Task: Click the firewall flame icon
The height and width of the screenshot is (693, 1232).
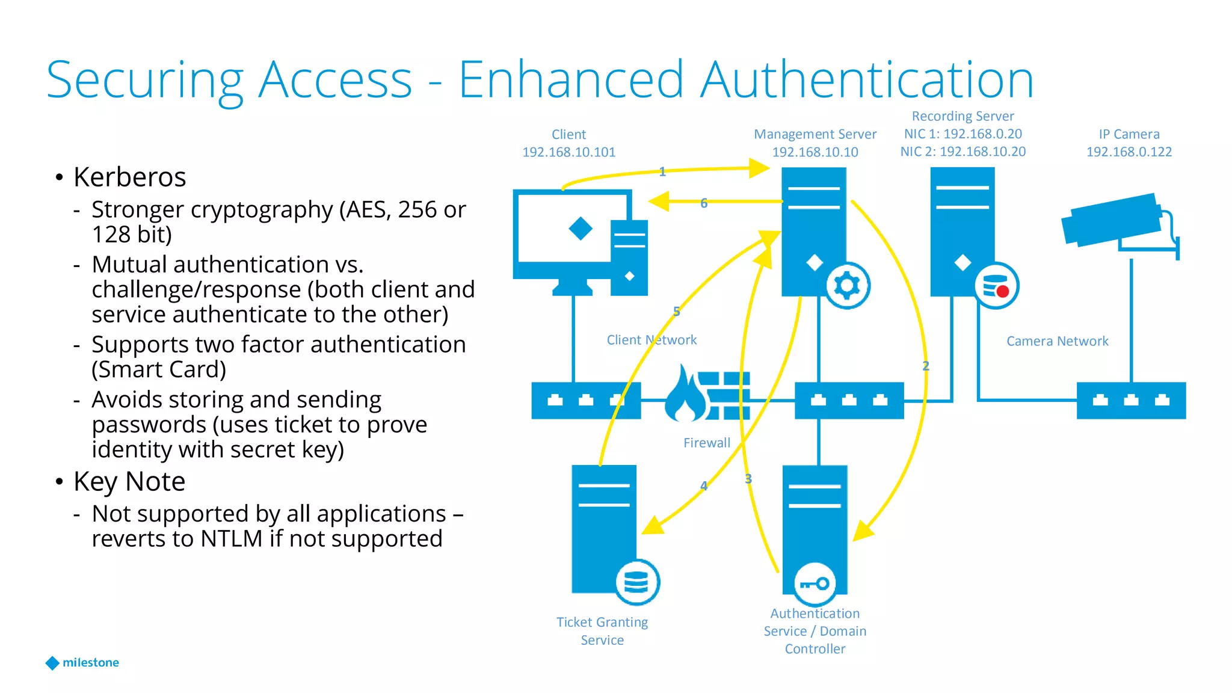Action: click(x=685, y=395)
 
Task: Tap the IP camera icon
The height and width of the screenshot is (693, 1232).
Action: click(x=1113, y=221)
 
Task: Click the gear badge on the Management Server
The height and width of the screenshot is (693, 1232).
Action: click(x=847, y=286)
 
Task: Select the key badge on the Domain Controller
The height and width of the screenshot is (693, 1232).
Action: click(x=815, y=584)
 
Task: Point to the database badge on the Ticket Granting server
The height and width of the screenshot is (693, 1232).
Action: click(x=636, y=582)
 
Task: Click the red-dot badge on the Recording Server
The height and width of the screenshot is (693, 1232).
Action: click(x=996, y=286)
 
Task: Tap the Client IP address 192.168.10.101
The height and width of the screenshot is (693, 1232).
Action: click(x=568, y=152)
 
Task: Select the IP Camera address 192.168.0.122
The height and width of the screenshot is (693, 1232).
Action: click(x=1129, y=152)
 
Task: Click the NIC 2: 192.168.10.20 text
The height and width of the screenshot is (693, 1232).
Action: click(x=962, y=152)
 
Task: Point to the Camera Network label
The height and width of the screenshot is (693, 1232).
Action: click(x=1057, y=341)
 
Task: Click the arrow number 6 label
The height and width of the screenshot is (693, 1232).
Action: click(x=704, y=203)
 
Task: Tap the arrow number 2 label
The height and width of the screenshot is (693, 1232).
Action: click(x=925, y=366)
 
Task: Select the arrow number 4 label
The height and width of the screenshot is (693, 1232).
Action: click(x=704, y=485)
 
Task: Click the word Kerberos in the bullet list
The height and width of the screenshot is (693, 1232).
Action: click(x=129, y=177)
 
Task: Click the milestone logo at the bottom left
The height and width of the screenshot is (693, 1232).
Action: click(x=82, y=662)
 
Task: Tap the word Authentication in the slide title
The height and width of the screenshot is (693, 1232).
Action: click(x=867, y=80)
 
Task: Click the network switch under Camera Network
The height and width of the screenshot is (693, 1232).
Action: click(x=1130, y=400)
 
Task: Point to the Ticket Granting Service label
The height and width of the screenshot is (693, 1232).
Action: click(x=602, y=630)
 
